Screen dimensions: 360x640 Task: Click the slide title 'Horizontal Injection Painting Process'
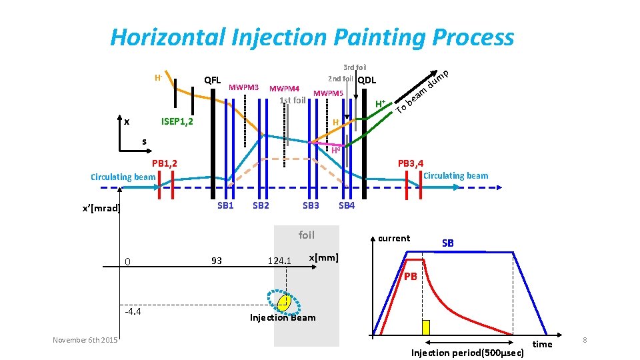(312, 37)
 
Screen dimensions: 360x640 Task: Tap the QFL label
(212, 81)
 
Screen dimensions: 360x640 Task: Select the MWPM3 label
(243, 87)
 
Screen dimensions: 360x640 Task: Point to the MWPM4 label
(284, 88)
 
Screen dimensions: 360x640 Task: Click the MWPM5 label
(328, 93)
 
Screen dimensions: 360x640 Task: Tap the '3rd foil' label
(354, 67)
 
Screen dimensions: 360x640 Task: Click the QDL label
(367, 81)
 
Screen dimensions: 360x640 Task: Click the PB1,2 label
(163, 163)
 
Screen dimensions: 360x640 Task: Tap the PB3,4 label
(410, 163)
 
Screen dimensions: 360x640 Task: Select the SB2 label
(261, 205)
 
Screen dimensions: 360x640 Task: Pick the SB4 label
(347, 205)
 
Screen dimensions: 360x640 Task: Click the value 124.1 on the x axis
(279, 260)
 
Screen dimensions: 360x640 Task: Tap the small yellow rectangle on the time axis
(426, 327)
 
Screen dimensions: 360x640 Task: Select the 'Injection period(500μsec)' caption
(467, 352)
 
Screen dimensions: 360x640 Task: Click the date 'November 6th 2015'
(85, 341)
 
